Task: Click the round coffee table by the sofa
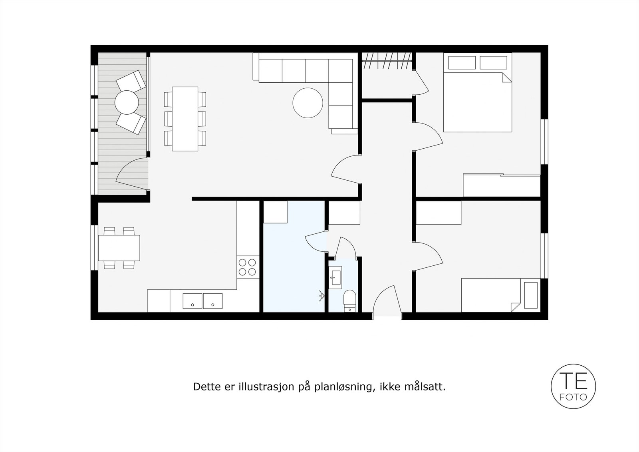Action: point(308,103)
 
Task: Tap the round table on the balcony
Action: point(127,102)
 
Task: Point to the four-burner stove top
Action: point(247,267)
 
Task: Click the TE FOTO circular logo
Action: point(574,386)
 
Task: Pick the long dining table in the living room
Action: point(185,119)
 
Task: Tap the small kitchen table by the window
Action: point(119,247)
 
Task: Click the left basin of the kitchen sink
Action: point(192,301)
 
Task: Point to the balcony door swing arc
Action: point(130,172)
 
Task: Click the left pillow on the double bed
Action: point(462,63)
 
